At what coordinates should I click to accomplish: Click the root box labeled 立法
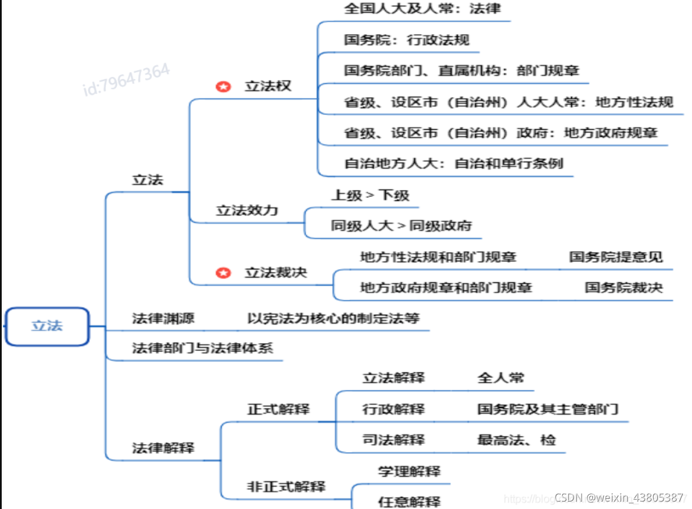(47, 326)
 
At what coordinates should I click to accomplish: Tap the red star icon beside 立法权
(223, 87)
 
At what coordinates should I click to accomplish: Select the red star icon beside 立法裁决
(223, 273)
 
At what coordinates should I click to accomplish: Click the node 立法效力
(247, 210)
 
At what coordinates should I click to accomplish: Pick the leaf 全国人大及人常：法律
(422, 9)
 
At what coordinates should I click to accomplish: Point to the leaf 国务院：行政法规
(407, 40)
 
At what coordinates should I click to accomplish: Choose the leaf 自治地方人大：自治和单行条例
(454, 163)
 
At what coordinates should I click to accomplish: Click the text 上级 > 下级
(370, 195)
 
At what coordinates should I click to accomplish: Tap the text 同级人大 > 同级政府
(401, 225)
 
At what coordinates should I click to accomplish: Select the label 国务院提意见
(616, 257)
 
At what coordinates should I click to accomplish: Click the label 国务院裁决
(624, 287)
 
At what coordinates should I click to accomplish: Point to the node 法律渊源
(163, 318)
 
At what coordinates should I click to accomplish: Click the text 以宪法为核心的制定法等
(333, 318)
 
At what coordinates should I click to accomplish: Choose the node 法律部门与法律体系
(203, 348)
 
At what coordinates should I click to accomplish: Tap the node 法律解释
(163, 448)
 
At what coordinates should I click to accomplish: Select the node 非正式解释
(286, 487)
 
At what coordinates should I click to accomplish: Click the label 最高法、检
(516, 440)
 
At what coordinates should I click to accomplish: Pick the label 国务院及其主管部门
(547, 409)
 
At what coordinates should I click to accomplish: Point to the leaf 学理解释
(409, 471)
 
